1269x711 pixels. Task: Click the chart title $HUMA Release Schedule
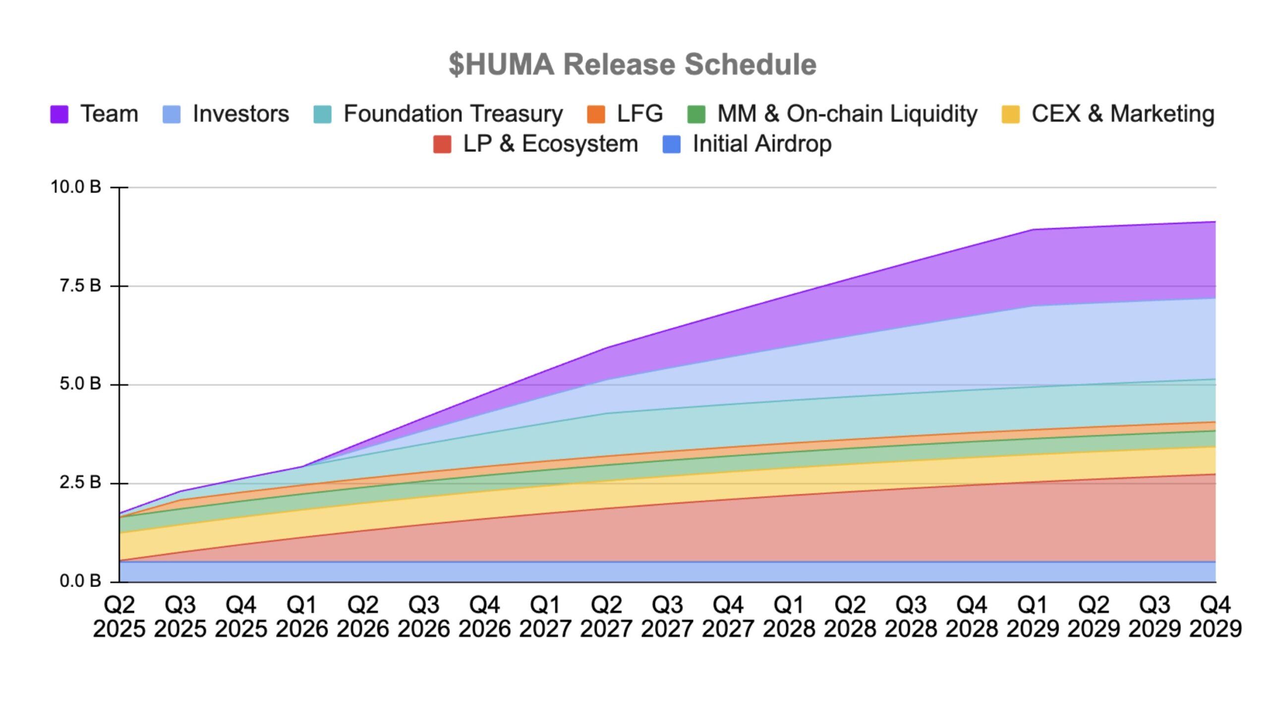(x=632, y=64)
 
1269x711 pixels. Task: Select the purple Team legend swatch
(x=59, y=114)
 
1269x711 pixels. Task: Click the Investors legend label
(x=240, y=114)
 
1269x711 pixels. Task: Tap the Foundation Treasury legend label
(x=453, y=114)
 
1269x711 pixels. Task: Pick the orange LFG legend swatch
(x=596, y=114)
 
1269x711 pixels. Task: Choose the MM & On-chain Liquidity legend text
(x=847, y=114)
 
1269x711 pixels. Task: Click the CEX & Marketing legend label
(x=1123, y=114)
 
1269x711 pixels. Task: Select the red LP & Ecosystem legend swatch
(x=442, y=144)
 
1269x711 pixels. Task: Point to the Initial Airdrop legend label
(x=762, y=144)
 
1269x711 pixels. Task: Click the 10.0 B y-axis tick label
(x=75, y=187)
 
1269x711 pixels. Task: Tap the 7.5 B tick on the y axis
(x=80, y=286)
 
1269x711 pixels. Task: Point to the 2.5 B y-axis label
(x=80, y=482)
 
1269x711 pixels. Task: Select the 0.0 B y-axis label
(x=80, y=581)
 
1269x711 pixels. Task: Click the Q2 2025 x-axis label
(x=119, y=617)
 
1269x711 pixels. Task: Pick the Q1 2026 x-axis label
(x=302, y=617)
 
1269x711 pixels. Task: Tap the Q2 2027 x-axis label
(x=606, y=617)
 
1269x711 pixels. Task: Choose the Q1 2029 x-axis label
(x=1033, y=617)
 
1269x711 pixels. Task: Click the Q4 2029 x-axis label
(x=1215, y=617)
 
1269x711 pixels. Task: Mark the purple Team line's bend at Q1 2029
(x=1034, y=230)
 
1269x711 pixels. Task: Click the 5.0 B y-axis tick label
(x=80, y=384)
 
